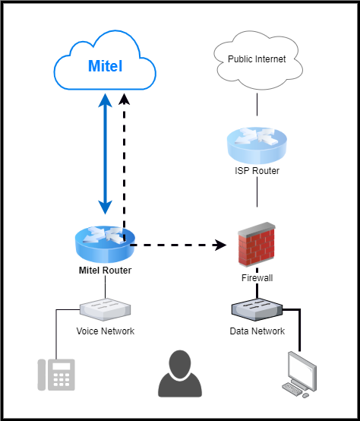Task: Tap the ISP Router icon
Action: [257, 144]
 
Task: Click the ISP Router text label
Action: [257, 171]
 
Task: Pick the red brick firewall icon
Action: [256, 243]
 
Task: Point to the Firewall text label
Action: [257, 278]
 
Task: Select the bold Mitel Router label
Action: [106, 271]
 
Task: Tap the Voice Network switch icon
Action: [106, 309]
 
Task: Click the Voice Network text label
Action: [106, 331]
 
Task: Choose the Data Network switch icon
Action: [257, 309]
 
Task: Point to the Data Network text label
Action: [257, 331]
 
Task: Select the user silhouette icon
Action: [180, 374]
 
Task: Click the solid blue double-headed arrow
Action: [106, 152]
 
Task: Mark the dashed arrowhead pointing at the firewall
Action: [221, 245]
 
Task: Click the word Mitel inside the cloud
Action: [105, 67]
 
